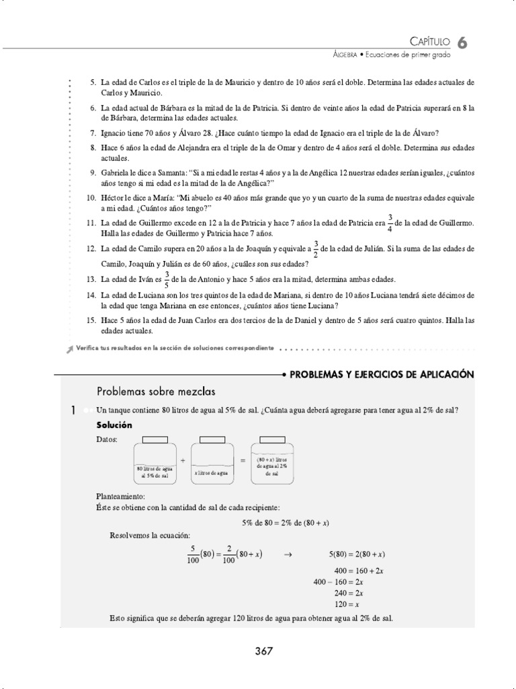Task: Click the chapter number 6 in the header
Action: [x=463, y=42]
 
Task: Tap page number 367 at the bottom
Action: [x=264, y=651]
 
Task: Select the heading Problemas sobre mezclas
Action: [x=156, y=391]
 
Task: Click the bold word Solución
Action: [x=114, y=425]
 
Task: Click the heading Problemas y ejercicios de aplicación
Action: [x=382, y=374]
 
